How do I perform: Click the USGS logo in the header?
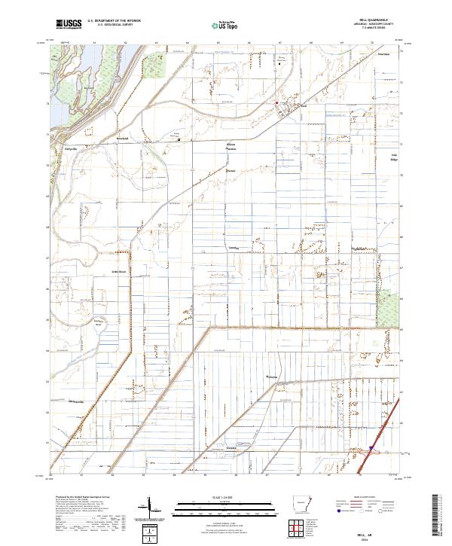click(69, 24)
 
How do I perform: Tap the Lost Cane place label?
click(234, 248)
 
